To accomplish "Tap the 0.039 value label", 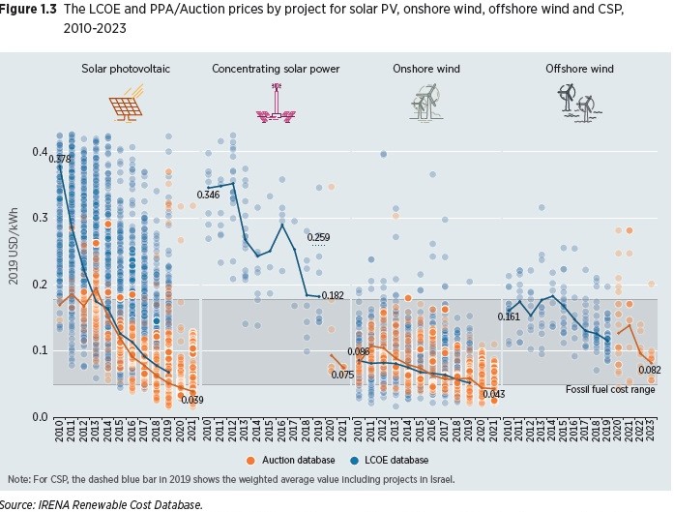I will [192, 400].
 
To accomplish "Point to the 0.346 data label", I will [208, 196].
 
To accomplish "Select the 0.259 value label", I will [318, 237].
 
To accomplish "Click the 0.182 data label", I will [333, 295].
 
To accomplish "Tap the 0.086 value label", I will [359, 351].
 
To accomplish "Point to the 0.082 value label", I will [649, 371].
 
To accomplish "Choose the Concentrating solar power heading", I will [275, 69].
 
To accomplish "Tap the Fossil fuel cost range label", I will [610, 389].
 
